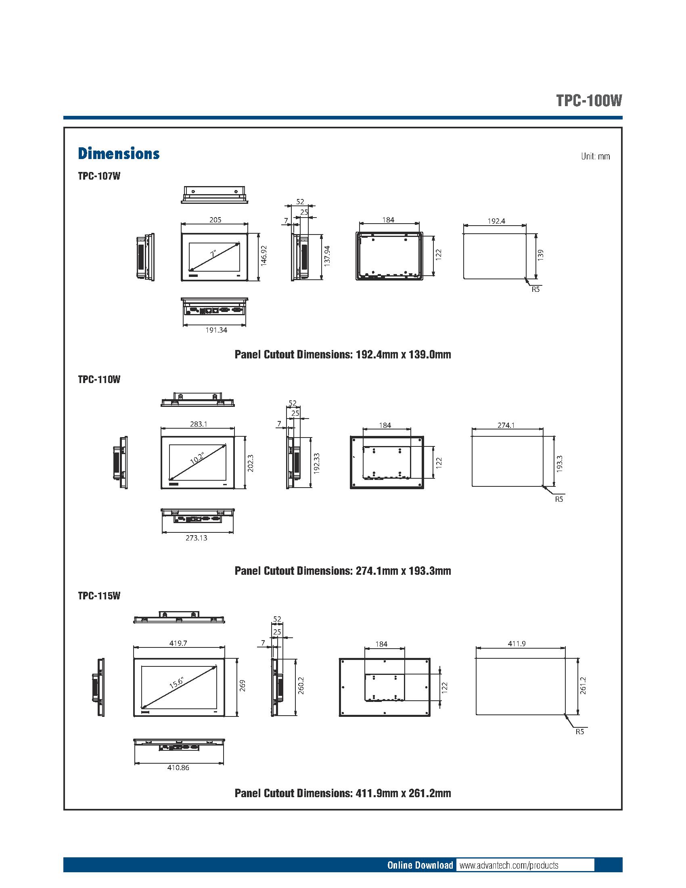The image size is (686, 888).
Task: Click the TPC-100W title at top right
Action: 589,101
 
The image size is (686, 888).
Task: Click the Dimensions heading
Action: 119,154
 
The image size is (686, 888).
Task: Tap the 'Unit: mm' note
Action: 595,157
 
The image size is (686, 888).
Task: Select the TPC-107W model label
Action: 99,176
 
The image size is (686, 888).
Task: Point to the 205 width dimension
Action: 215,220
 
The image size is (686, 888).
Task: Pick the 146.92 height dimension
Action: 264,256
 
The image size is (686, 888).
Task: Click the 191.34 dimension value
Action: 216,330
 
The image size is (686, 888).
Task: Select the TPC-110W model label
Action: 99,379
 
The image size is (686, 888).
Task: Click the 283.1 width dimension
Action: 199,424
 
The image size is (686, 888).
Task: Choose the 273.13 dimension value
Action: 196,538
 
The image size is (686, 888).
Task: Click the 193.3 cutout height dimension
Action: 559,463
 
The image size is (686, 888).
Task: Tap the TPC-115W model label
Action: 99,596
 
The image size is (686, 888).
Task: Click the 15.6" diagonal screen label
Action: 177,682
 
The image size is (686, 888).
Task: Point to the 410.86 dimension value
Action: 178,768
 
